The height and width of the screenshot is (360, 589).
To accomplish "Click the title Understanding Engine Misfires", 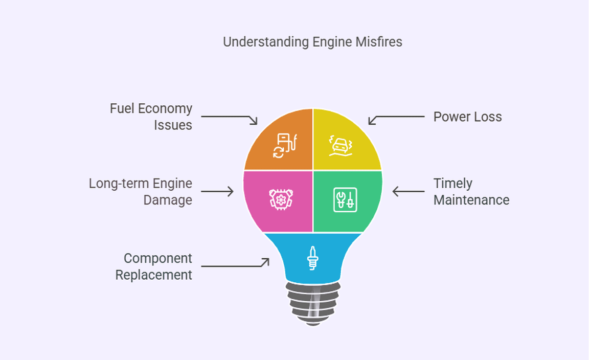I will pyautogui.click(x=312, y=42).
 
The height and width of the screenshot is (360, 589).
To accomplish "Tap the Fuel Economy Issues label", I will pyautogui.click(x=151, y=117).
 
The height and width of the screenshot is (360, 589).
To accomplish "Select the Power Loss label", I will pyautogui.click(x=467, y=117).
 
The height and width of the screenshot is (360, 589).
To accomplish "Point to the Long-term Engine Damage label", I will pyautogui.click(x=141, y=191).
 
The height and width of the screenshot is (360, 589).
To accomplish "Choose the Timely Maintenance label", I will pyautogui.click(x=471, y=191).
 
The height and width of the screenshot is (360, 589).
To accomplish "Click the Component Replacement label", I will pyautogui.click(x=154, y=266).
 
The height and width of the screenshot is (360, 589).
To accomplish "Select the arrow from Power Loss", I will pyautogui.click(x=396, y=118).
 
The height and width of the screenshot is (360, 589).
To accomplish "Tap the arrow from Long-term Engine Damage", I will pyautogui.click(x=217, y=192).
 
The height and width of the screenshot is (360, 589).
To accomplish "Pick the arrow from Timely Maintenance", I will pyautogui.click(x=409, y=192).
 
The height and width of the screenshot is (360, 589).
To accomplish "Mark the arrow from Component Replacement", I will pyautogui.click(x=235, y=265).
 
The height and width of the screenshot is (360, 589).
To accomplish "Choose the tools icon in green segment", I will pyautogui.click(x=345, y=199).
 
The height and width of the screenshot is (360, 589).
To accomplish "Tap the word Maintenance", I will pyautogui.click(x=471, y=199).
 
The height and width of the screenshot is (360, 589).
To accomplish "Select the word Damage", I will pyautogui.click(x=168, y=199).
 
